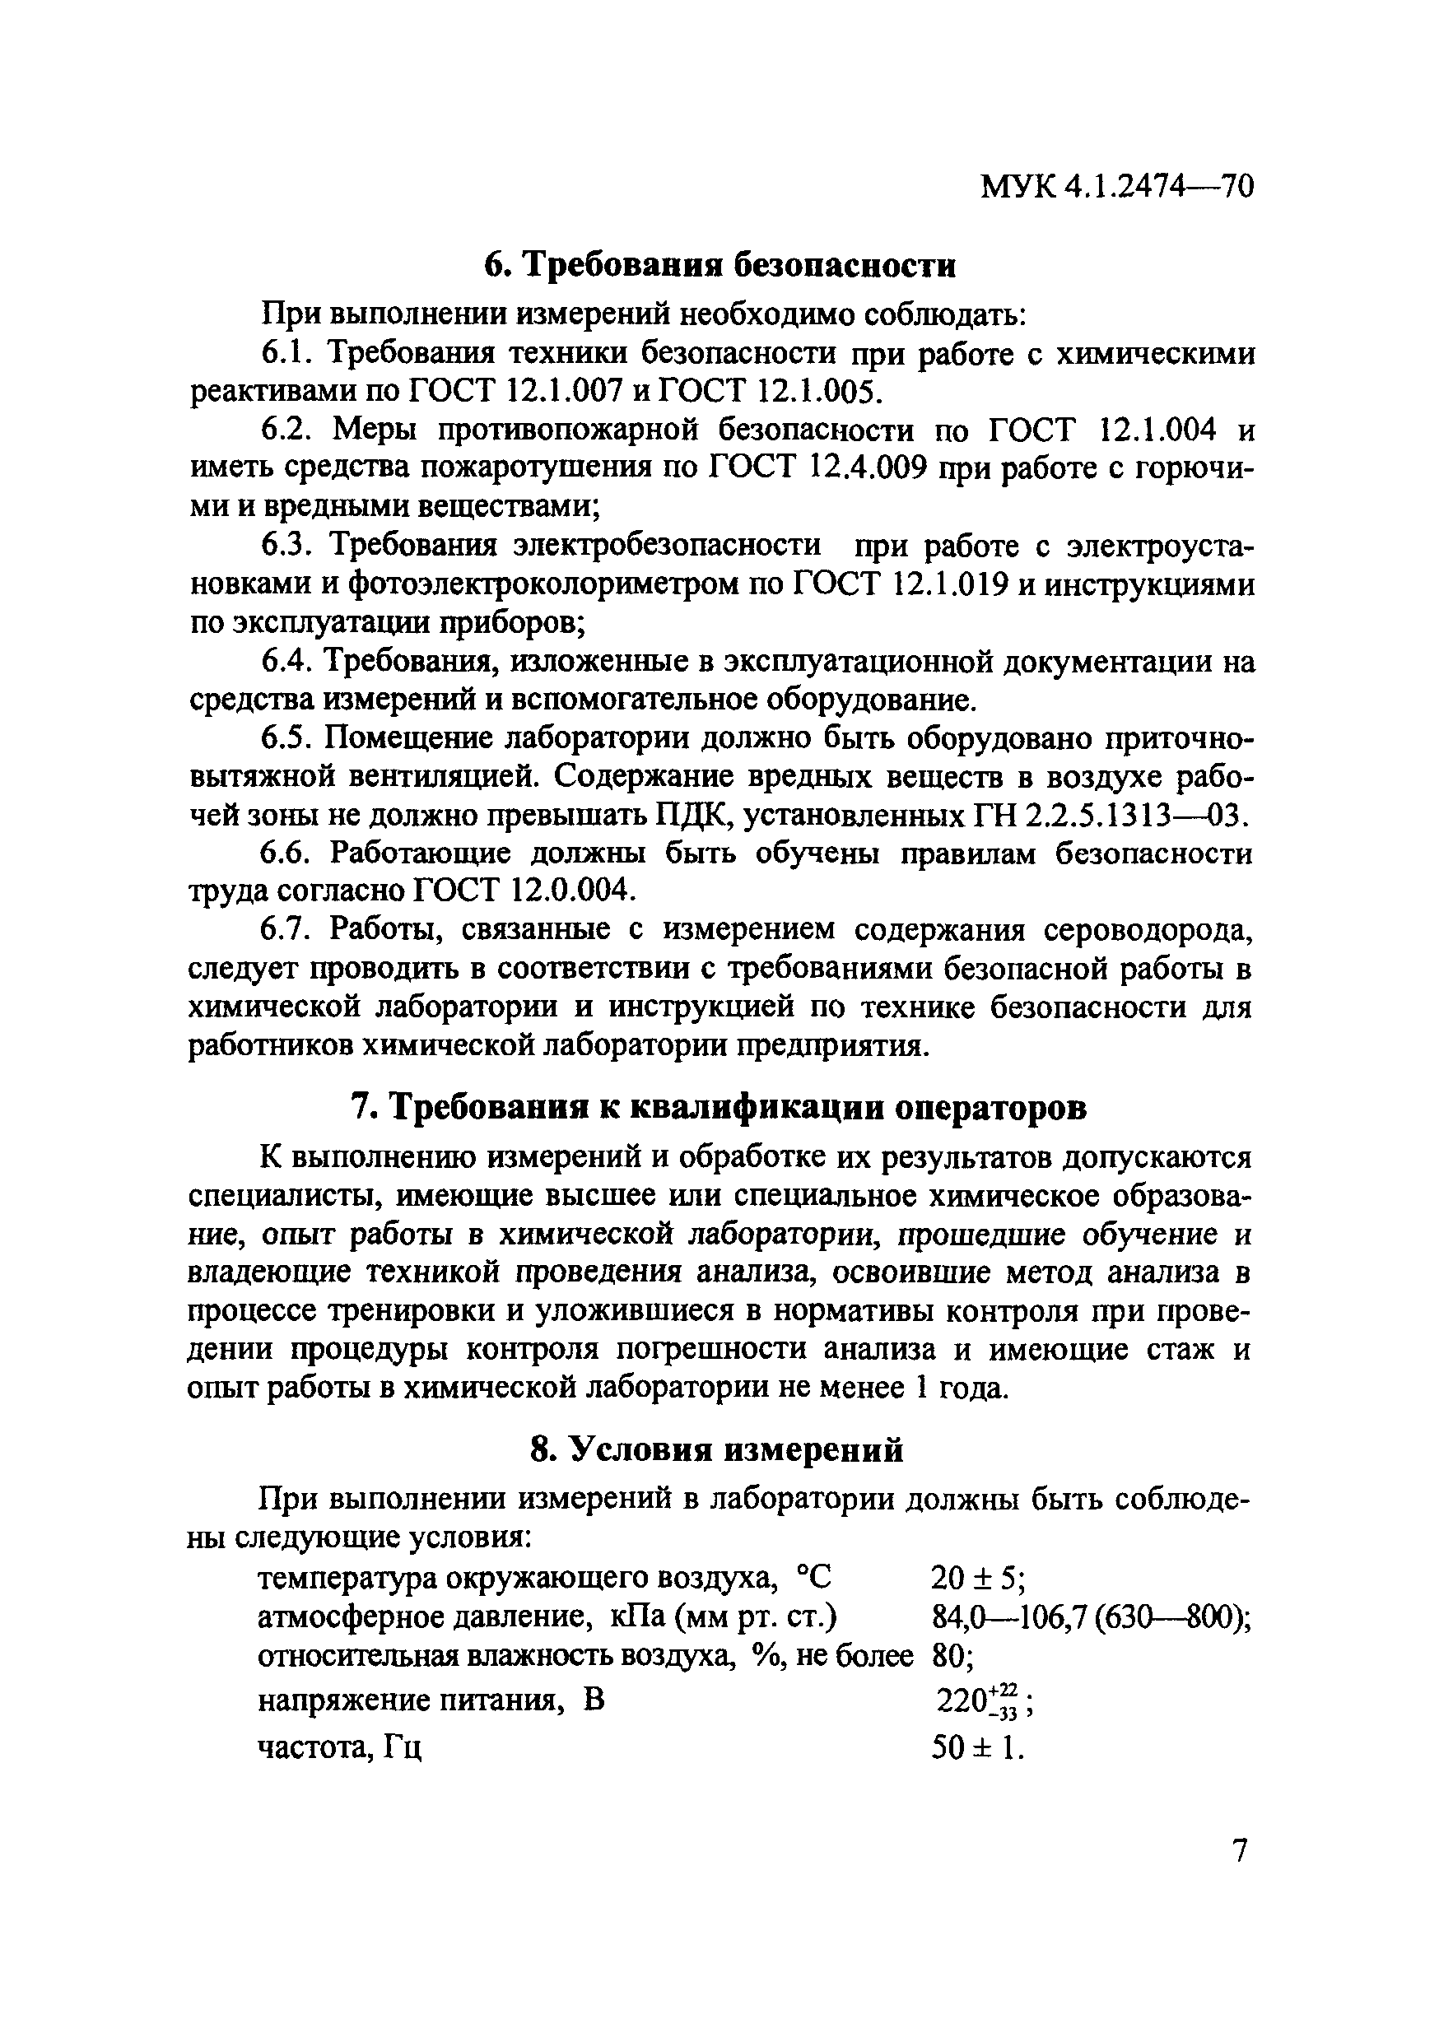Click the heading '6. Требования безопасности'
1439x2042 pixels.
coord(719,265)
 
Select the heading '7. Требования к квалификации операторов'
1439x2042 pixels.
coord(719,1108)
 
